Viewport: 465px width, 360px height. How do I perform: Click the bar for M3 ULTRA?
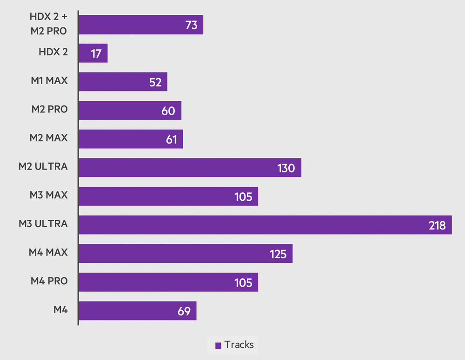coord(265,225)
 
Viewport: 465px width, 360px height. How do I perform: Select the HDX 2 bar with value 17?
coord(93,53)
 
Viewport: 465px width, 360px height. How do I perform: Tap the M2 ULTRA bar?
coord(190,168)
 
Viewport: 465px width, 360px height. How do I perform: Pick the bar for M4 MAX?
coord(186,254)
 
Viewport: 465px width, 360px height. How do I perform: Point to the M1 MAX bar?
coord(123,82)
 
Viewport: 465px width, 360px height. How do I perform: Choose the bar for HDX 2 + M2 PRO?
coord(141,25)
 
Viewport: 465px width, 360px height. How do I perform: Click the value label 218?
coord(437,225)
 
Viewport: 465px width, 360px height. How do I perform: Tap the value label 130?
coord(286,168)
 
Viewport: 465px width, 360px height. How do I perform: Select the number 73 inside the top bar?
coord(192,25)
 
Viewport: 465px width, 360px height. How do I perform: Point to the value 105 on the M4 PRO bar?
coord(243,282)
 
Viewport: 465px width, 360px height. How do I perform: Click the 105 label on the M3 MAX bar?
coord(243,197)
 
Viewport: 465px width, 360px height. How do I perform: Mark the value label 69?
coord(184,311)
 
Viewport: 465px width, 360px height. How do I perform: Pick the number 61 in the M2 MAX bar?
coord(172,139)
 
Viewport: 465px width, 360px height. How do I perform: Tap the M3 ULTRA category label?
coord(43,224)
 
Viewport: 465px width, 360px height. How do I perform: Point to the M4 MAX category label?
coord(48,252)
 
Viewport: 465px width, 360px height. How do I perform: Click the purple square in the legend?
coord(218,346)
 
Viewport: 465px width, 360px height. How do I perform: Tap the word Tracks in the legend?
coord(239,345)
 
